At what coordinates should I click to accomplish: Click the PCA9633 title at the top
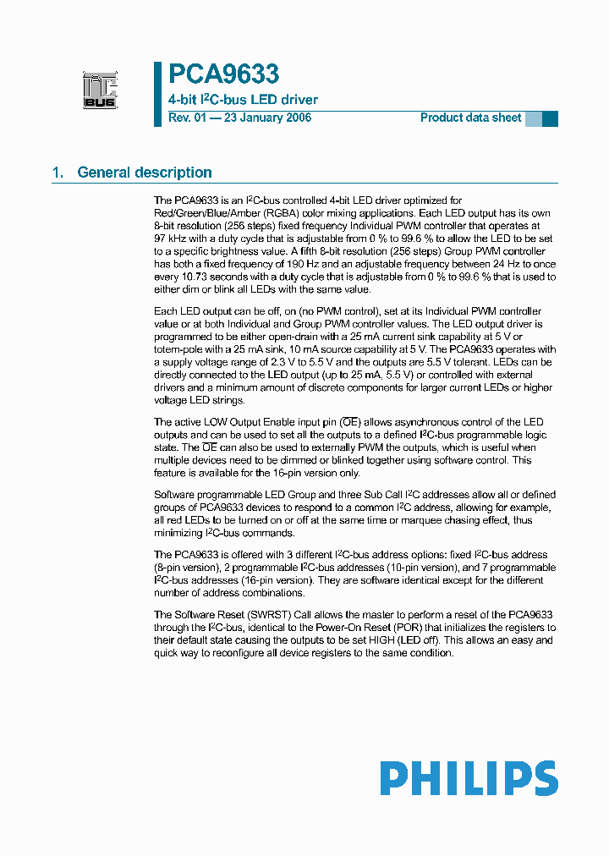(223, 76)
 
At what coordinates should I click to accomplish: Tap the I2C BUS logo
(100, 91)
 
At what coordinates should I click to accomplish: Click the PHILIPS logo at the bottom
(469, 779)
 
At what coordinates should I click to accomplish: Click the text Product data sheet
(470, 118)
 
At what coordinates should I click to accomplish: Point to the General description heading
(145, 173)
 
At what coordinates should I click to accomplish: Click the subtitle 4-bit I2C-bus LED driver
(243, 100)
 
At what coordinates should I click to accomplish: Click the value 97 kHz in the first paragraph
(170, 239)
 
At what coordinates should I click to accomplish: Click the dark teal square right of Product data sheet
(550, 119)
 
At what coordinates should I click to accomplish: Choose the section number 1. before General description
(58, 173)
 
